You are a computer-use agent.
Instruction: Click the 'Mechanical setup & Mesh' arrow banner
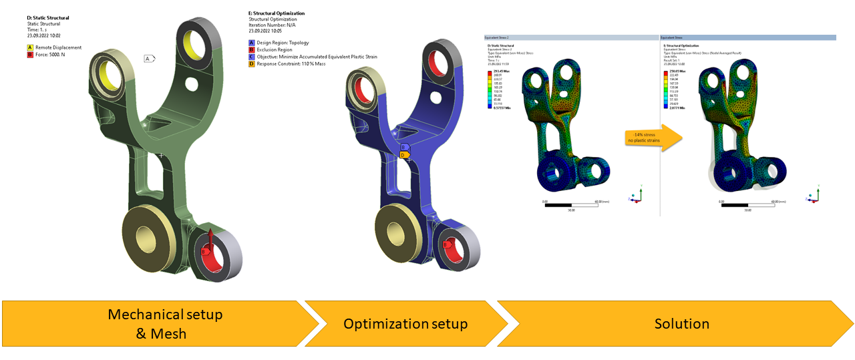click(160, 323)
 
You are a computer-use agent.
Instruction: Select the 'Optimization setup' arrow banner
click(405, 324)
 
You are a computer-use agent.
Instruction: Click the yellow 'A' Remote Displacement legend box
click(30, 47)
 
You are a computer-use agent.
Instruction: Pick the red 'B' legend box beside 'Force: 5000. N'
click(30, 55)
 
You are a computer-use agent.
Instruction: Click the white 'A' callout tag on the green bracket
click(149, 59)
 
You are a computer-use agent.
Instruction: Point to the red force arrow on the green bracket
click(210, 240)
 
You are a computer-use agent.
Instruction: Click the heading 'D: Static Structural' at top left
click(47, 18)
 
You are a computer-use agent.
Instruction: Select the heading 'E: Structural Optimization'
click(276, 13)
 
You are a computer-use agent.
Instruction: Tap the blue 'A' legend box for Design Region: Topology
click(251, 42)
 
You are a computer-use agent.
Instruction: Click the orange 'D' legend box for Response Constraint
click(251, 64)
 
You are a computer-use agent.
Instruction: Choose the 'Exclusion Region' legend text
click(275, 49)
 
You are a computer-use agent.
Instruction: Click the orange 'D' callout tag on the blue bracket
click(403, 155)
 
